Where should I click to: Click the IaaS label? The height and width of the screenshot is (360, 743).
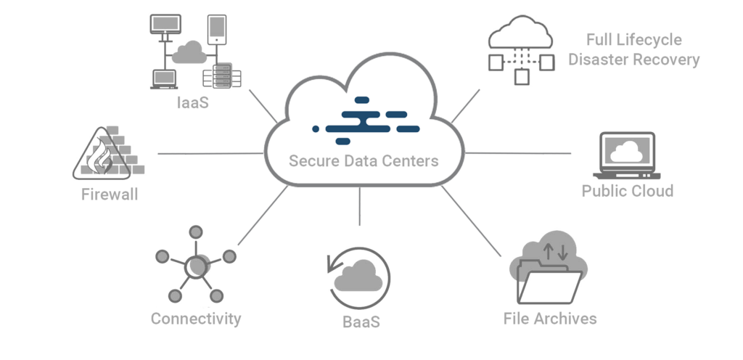[192, 103]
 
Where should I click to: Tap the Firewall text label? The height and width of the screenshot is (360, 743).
[110, 195]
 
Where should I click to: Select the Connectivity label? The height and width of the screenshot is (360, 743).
[196, 318]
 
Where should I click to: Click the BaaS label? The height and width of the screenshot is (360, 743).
[361, 320]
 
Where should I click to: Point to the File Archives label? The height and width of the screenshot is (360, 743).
[550, 318]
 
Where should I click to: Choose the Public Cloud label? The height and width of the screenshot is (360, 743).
[627, 191]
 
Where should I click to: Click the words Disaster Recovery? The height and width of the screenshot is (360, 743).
[633, 60]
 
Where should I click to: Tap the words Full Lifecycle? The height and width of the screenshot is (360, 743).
[633, 40]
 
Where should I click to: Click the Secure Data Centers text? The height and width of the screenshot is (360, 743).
[364, 160]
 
